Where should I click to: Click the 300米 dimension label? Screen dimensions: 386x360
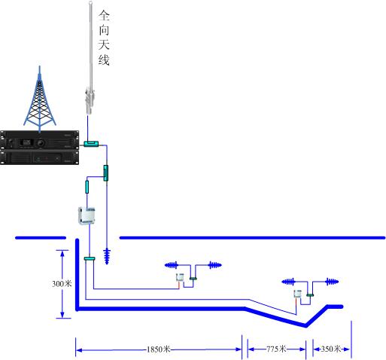coord(62,284)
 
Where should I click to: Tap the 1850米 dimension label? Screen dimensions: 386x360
coord(159,349)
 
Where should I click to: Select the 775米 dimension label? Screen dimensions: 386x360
coord(276,349)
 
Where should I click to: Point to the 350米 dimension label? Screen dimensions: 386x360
coord(331,349)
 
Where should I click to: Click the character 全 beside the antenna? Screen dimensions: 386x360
coord(104,16)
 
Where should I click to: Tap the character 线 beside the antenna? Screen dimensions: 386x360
coord(104,59)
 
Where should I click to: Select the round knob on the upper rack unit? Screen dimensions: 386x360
coord(41,143)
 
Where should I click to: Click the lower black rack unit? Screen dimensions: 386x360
coord(40,157)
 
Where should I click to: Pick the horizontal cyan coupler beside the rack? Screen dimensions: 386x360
coord(91,144)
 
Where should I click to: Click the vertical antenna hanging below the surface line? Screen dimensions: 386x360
coord(107,256)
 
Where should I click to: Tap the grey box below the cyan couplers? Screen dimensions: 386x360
coord(87,215)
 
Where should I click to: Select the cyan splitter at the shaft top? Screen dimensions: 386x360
coord(90,258)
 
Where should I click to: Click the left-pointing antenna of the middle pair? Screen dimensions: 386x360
coord(172,265)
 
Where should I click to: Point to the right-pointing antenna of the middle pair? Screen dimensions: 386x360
coord(215,265)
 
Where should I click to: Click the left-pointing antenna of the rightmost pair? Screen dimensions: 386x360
coord(288,282)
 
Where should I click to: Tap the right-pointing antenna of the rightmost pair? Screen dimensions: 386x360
coord(332,282)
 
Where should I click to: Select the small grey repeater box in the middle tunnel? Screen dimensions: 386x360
coord(180,277)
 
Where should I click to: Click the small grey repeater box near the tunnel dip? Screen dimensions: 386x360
coord(297,294)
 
